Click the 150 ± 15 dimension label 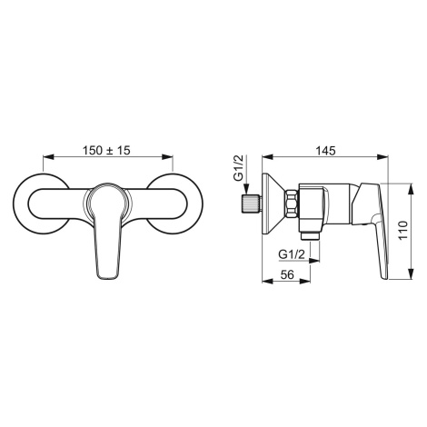point(106,150)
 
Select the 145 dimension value point(326,150)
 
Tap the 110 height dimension point(402,231)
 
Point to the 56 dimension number point(287,274)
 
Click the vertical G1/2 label point(239,168)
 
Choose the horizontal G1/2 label point(292,254)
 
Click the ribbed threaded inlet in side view point(252,204)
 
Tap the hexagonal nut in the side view point(292,204)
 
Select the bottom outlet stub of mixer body point(310,236)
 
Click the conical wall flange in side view point(273,204)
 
